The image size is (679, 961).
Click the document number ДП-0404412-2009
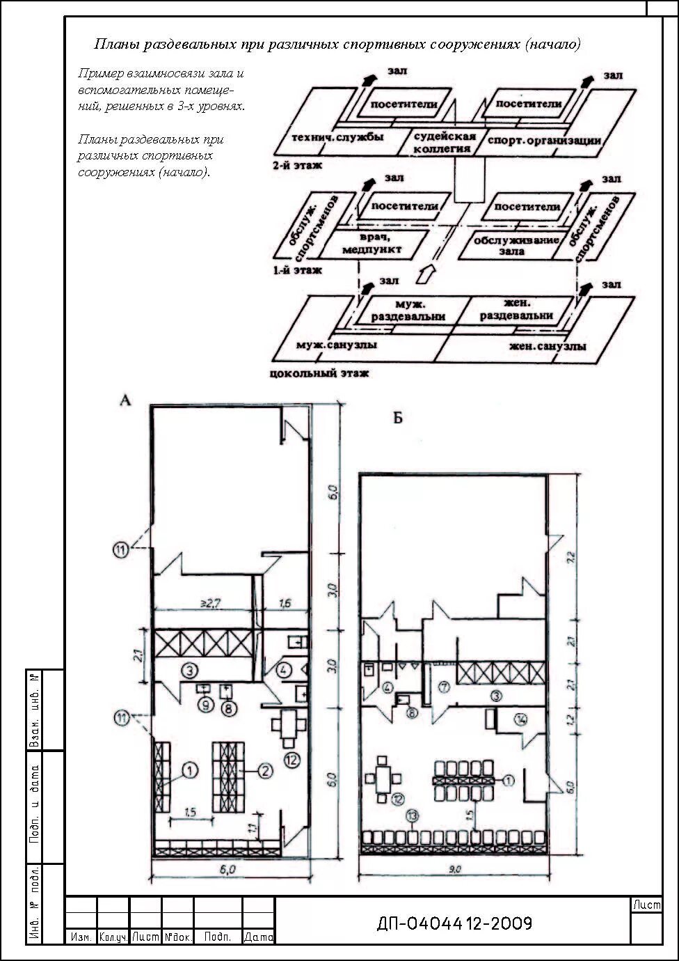coord(455,923)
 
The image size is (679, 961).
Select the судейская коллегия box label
coord(445,142)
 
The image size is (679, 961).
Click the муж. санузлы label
coord(336,345)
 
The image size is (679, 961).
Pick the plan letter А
coord(125,400)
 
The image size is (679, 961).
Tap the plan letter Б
coord(398,418)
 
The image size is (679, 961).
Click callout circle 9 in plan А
coord(204,705)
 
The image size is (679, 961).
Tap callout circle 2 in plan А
coord(265,770)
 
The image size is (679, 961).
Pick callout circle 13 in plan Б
coord(413,815)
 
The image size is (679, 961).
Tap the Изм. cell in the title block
coord(81,937)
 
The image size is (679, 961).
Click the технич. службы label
coord(338,138)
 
